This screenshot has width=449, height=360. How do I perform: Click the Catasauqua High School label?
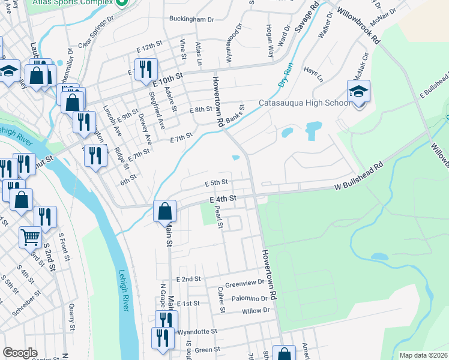pos(304,103)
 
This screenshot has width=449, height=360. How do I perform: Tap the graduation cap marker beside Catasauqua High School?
pos(358,92)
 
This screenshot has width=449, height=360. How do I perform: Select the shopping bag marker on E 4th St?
pos(164,211)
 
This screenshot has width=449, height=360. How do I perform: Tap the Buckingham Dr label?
pos(191,19)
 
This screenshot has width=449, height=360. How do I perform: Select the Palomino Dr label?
pos(247,298)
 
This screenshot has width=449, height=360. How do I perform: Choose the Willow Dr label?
pos(256,311)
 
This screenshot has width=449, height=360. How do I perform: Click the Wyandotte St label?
pos(196,331)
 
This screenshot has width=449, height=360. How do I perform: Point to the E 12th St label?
pos(149,46)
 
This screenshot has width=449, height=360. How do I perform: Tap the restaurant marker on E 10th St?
pos(146,70)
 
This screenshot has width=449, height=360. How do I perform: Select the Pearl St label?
pos(220,219)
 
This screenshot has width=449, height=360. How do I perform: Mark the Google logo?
pos(20,353)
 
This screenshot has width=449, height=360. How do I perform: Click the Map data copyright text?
pos(423,355)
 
